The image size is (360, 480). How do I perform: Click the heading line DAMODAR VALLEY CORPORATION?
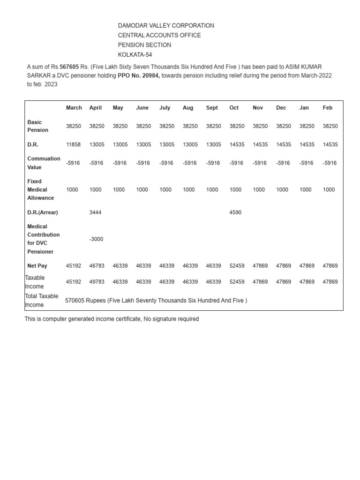pyautogui.click(x=166, y=26)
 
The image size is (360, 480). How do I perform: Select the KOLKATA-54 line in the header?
pyautogui.click(x=135, y=55)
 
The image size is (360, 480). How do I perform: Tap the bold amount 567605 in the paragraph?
pyautogui.click(x=69, y=67)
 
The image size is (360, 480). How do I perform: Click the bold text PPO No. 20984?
pyautogui.click(x=138, y=75)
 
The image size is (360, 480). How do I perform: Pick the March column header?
pyautogui.click(x=74, y=108)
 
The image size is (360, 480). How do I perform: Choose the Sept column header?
pyautogui.click(x=212, y=108)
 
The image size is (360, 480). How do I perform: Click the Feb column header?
pyautogui.click(x=327, y=108)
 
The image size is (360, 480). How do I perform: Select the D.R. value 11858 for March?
pyautogui.click(x=74, y=145)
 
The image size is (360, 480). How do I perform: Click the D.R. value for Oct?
pyautogui.click(x=237, y=145)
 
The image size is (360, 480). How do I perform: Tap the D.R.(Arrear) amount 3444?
pyautogui.click(x=95, y=212)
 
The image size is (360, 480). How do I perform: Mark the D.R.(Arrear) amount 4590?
pyautogui.click(x=235, y=212)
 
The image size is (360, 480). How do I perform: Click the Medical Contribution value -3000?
pyautogui.click(x=96, y=239)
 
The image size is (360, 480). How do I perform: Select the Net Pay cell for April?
pyautogui.click(x=97, y=266)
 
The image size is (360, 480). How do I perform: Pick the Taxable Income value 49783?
pyautogui.click(x=97, y=282)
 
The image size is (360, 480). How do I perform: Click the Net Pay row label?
pyautogui.click(x=37, y=266)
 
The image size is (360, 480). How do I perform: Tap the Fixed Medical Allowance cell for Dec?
pyautogui.click(x=282, y=190)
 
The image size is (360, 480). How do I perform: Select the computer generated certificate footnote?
pyautogui.click(x=112, y=319)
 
